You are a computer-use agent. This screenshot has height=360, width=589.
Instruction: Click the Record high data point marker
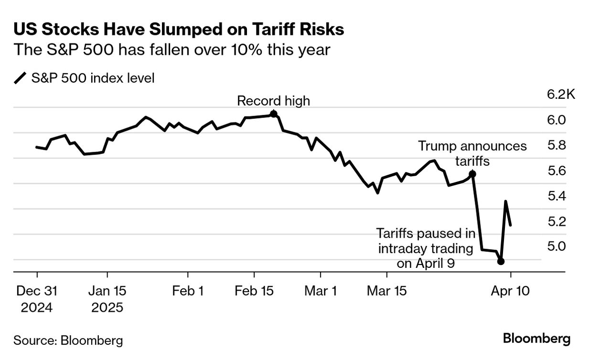273,114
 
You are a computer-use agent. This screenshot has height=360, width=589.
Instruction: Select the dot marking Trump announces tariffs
472,174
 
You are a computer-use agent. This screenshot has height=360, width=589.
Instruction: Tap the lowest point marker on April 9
501,261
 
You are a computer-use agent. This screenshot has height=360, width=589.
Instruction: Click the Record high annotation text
273,101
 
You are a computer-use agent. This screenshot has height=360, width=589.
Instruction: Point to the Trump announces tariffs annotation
472,153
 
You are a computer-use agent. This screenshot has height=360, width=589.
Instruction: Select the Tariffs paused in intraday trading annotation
426,248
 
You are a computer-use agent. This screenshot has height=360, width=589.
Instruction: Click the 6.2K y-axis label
561,95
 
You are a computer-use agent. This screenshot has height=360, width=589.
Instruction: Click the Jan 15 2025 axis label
107,299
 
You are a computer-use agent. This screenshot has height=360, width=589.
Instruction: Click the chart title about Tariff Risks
179,30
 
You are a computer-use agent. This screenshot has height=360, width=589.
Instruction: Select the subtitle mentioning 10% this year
172,50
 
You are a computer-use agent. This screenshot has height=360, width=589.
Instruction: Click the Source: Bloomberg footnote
68,340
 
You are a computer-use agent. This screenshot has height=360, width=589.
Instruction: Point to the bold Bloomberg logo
536,339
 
